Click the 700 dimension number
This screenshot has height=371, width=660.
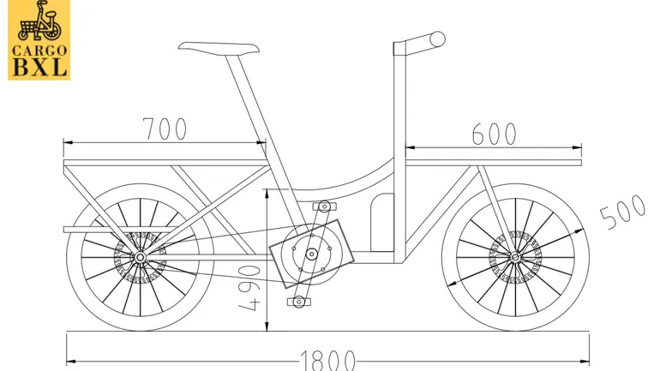pos(165,129)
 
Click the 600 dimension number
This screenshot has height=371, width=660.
pos(494,134)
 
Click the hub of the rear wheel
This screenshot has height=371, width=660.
pos(140,257)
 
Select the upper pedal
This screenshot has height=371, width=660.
pos(323,206)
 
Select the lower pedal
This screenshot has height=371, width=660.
pos(298,302)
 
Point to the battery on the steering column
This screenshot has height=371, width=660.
pos(381,221)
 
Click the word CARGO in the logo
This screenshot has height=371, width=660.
pos(39,49)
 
